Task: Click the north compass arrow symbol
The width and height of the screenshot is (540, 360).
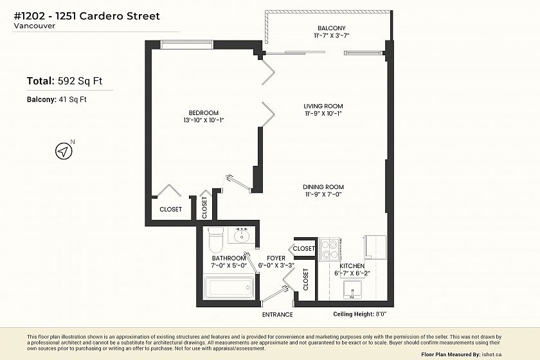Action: [64, 151]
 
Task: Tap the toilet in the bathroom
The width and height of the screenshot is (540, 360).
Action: [216, 240]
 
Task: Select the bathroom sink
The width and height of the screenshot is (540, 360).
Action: [242, 235]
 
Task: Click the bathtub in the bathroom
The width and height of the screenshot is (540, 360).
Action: [229, 287]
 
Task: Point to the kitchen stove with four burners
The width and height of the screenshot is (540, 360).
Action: [330, 249]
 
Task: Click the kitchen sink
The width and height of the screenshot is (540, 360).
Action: [353, 290]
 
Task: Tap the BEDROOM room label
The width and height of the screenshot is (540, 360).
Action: [204, 113]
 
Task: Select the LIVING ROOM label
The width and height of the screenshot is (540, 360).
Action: [323, 106]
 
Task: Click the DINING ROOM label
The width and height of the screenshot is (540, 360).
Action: [323, 187]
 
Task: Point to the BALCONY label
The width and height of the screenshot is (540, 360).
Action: [331, 28]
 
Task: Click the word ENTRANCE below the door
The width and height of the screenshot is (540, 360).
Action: [277, 314]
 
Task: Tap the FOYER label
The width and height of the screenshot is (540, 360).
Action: [276, 258]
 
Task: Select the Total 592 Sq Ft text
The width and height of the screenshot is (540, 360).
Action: [64, 81]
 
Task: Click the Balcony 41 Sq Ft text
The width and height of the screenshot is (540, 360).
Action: [57, 100]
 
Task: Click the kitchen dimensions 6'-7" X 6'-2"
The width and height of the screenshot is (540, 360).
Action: [352, 273]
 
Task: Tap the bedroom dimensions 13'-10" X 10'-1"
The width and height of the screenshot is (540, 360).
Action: [204, 120]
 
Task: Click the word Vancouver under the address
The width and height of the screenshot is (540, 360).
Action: [35, 26]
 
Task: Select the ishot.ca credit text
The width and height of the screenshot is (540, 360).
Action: [491, 354]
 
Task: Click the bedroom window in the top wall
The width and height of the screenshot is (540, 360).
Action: [187, 44]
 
